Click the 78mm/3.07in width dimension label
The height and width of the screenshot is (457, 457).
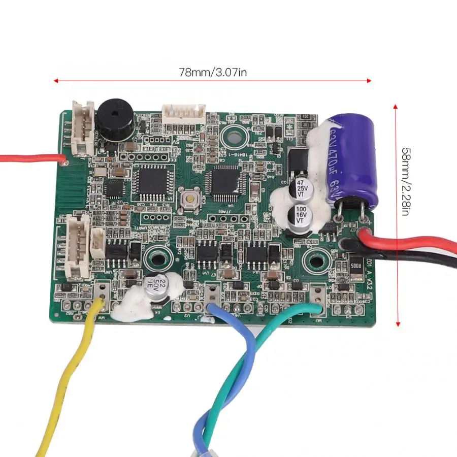point(213,73)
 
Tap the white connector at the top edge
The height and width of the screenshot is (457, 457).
point(183,112)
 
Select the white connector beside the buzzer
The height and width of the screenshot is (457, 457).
point(83,126)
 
